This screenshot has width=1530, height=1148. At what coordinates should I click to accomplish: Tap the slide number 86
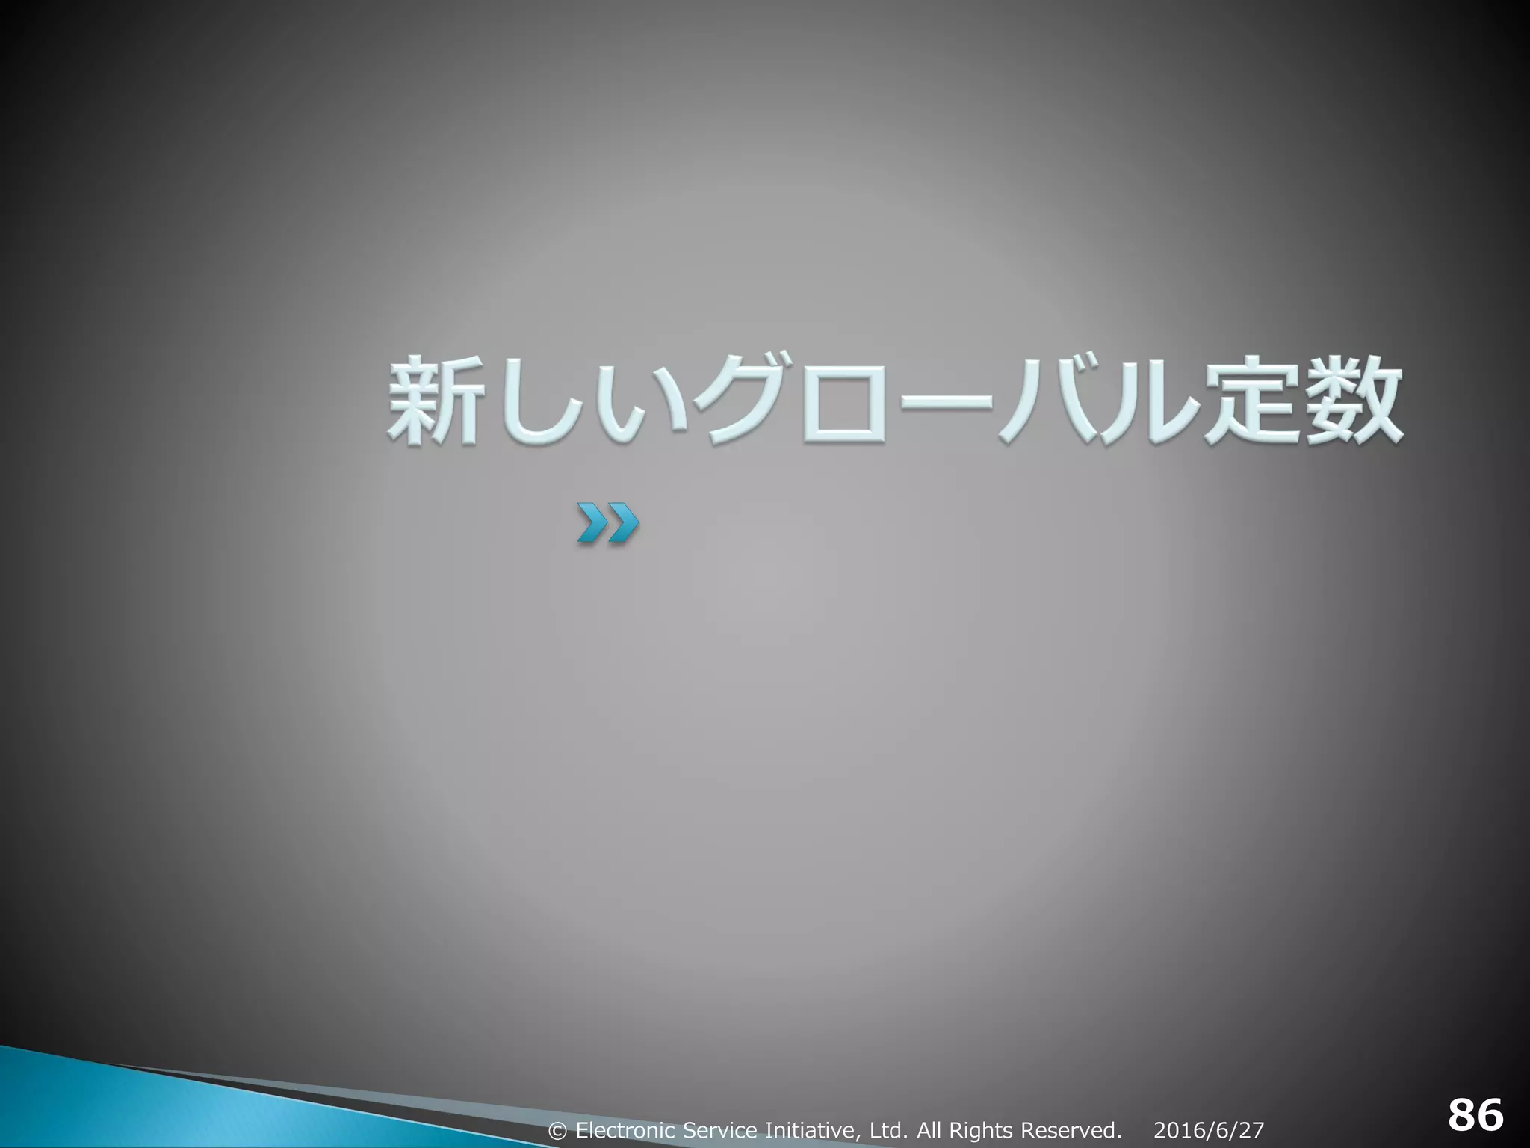click(1475, 1116)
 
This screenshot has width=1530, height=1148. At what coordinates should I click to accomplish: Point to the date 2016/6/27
click(1209, 1129)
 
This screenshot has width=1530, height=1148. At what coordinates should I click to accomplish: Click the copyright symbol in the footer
click(557, 1130)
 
